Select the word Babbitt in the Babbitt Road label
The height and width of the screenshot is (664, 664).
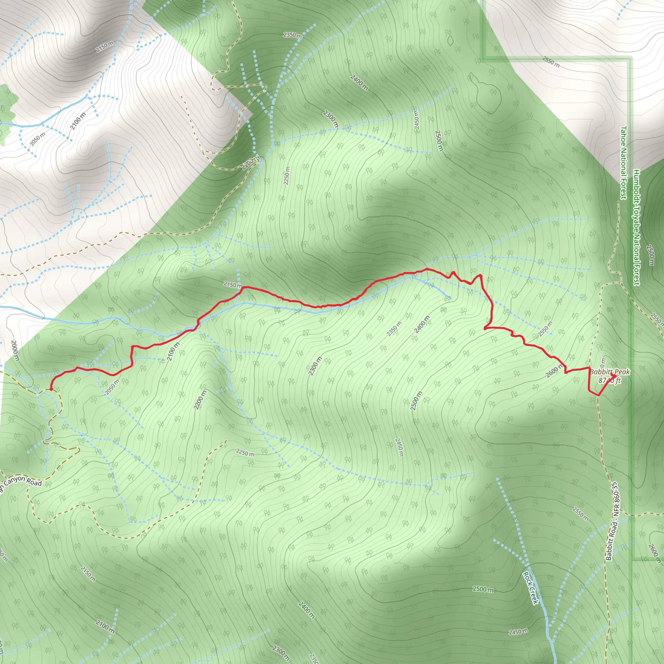[609, 550]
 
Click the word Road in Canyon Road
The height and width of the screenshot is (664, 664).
[34, 482]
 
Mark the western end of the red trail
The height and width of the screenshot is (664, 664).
[51, 389]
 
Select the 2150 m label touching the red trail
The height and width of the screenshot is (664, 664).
[233, 285]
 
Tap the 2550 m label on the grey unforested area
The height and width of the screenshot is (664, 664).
[551, 62]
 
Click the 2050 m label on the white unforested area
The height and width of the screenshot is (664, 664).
[37, 139]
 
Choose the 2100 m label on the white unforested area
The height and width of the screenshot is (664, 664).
[78, 121]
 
